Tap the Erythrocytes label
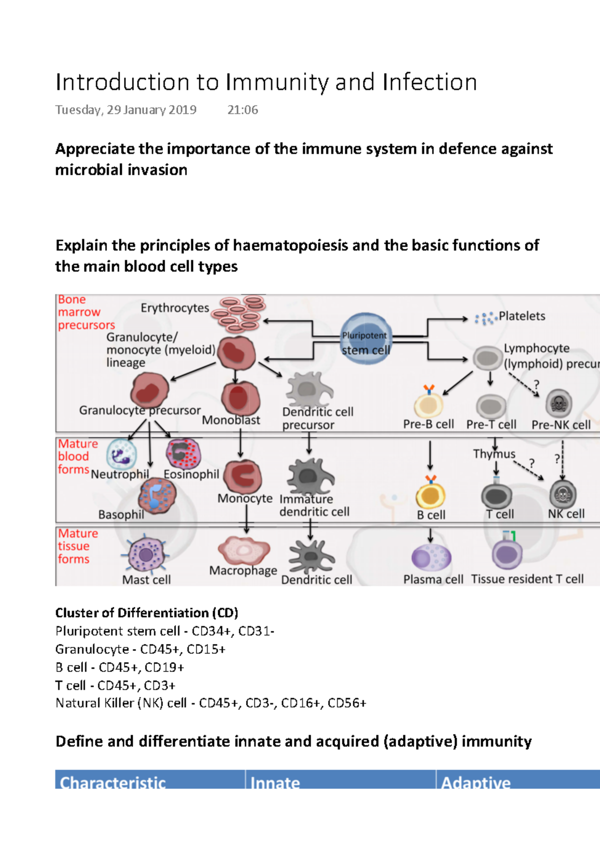[174, 308]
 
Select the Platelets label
[521, 316]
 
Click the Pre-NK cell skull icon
[558, 403]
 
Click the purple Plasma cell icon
[431, 557]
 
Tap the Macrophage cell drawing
[243, 550]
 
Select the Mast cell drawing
[145, 554]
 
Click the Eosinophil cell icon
[183, 453]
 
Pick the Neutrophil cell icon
[120, 454]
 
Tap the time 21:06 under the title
[242, 110]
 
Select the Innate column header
[275, 782]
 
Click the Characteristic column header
[113, 782]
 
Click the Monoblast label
[230, 420]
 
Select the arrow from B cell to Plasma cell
[430, 535]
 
